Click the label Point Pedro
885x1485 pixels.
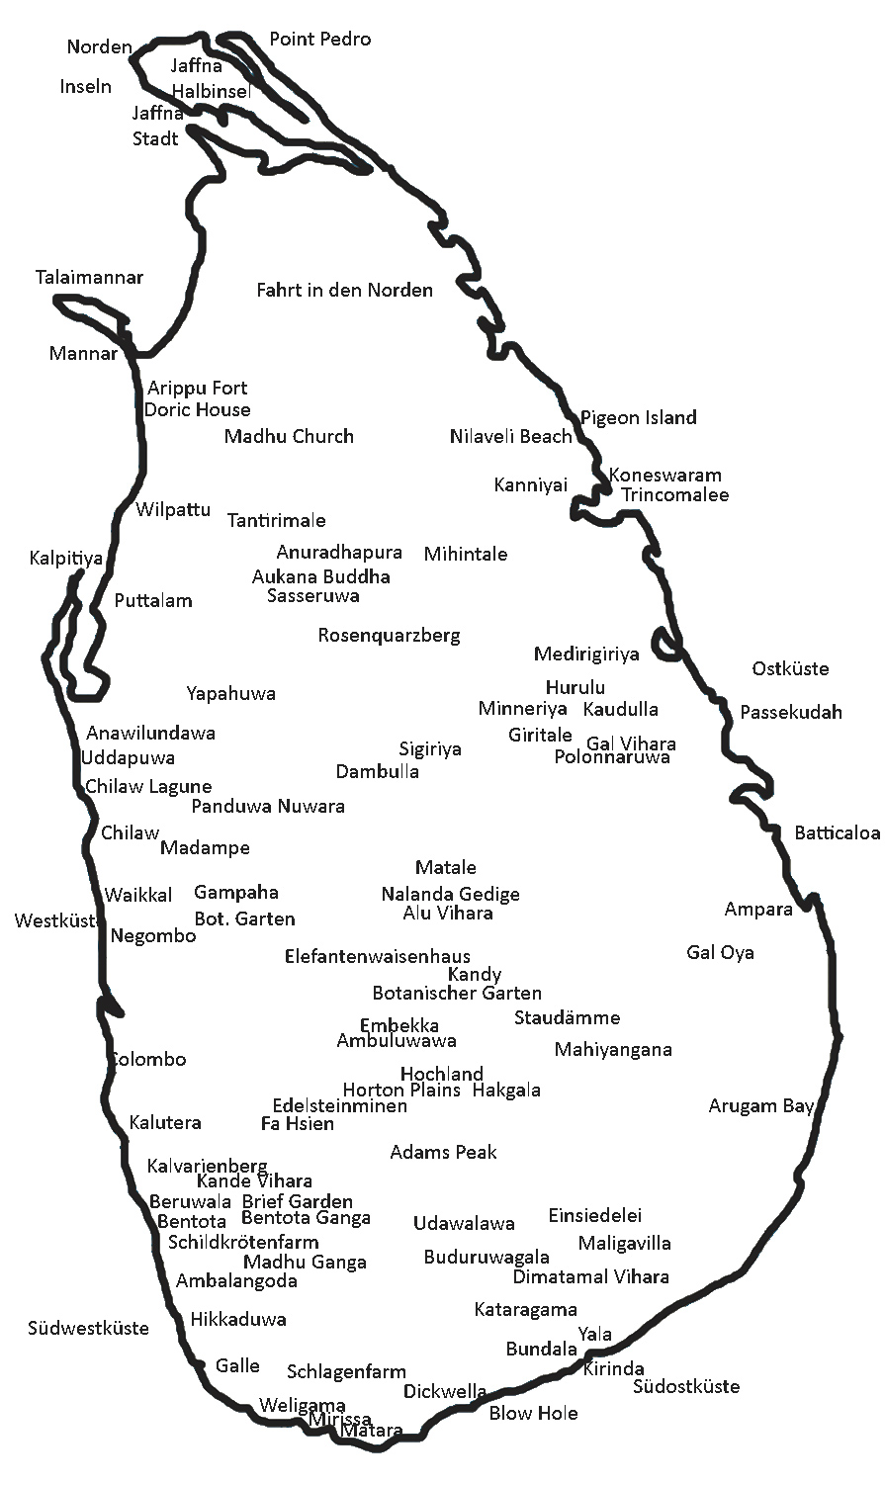(x=320, y=40)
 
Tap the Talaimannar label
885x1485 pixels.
(x=89, y=278)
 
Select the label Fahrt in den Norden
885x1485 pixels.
(x=344, y=291)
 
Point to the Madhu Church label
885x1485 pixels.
(x=289, y=436)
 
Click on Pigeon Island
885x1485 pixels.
(x=638, y=417)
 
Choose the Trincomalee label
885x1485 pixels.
(x=675, y=495)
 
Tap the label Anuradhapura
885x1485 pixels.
(x=339, y=553)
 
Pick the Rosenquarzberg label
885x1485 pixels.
(x=389, y=636)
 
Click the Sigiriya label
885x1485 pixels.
(x=430, y=749)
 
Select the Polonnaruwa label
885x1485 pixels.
(x=612, y=758)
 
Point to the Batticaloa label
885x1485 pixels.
(x=837, y=833)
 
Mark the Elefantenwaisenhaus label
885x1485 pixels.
(x=378, y=957)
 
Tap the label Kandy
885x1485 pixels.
(x=475, y=975)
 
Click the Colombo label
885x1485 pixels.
(x=148, y=1060)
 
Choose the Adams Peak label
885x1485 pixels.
(x=443, y=1153)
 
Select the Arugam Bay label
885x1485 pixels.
(x=760, y=1106)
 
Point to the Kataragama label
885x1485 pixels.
(x=525, y=1310)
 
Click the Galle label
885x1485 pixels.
(x=237, y=1366)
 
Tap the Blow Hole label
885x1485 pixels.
(x=533, y=1414)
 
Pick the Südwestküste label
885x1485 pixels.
(x=88, y=1329)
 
